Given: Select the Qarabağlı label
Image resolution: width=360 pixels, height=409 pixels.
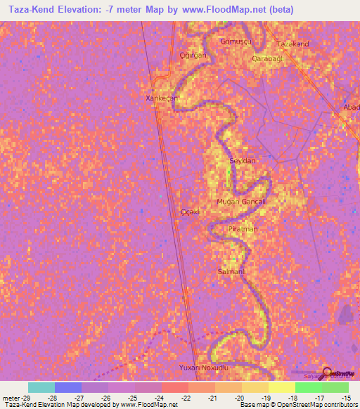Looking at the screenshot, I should [x=267, y=59].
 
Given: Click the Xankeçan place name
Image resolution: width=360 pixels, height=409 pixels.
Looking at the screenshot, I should [x=159, y=98].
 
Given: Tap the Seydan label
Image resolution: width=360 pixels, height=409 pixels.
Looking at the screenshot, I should [x=243, y=161].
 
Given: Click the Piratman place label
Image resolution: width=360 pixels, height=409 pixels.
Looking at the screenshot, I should [x=243, y=229].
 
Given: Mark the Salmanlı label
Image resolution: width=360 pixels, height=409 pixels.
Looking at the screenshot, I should [x=231, y=271].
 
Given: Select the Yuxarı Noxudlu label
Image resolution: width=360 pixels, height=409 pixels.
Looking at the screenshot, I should [x=204, y=368].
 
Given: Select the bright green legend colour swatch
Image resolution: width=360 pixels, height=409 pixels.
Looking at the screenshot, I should [x=308, y=387].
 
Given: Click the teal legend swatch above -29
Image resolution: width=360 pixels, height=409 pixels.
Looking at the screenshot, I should [x=41, y=387].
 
